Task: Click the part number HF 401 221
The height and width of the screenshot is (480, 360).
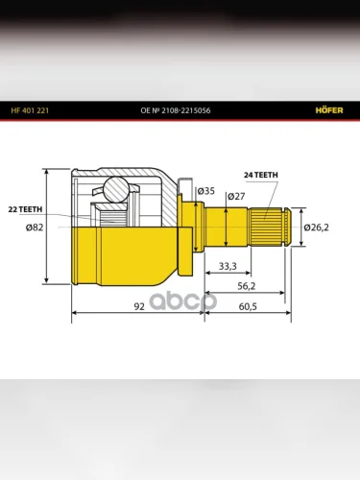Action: point(30,110)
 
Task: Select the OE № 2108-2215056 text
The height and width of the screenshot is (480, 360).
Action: point(176,110)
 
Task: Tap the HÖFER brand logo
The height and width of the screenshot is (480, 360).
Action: point(329,110)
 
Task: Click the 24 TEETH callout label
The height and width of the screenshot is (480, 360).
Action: point(261,175)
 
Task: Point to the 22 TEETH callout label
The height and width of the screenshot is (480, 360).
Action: point(25,209)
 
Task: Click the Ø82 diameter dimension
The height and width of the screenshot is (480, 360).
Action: point(35,228)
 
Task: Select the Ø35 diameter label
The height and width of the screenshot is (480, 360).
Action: point(206,191)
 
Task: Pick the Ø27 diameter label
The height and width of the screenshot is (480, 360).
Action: point(236,196)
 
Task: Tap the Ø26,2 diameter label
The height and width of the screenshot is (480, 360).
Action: point(316,228)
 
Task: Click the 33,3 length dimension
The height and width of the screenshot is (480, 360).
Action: point(228,266)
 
